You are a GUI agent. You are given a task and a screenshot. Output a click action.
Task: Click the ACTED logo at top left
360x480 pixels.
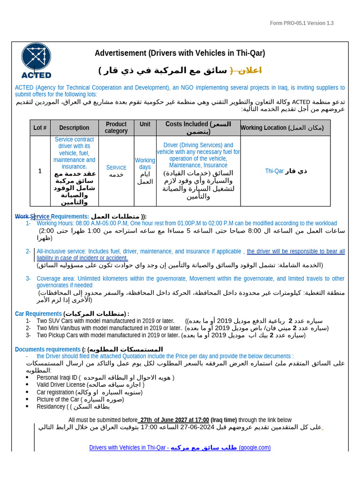pos(36,60)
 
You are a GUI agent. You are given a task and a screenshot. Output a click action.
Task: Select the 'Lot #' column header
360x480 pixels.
pos(40,127)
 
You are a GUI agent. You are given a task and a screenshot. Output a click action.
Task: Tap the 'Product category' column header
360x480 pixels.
pos(116,127)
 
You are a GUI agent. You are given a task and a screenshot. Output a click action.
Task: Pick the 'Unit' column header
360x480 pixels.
pos(145,124)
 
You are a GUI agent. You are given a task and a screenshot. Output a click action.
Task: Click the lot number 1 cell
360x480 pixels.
pos(40,171)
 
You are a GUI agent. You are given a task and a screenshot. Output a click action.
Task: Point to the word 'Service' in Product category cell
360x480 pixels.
pos(116,167)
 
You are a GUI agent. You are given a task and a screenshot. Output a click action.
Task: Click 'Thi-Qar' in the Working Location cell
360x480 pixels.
pos(274,171)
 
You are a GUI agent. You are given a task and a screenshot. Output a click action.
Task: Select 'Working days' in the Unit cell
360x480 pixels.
pos(145,164)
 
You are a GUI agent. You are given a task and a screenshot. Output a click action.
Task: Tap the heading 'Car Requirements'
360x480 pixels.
pos(38,314)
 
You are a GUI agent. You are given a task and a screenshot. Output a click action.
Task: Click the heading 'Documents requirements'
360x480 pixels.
pos(48,349)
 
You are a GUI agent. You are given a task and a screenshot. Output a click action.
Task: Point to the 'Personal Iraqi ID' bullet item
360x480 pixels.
pos(57,378)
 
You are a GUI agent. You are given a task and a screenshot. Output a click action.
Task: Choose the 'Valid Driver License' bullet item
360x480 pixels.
pos(61,385)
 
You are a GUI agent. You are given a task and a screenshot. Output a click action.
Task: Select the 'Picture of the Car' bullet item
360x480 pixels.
pos(58,399)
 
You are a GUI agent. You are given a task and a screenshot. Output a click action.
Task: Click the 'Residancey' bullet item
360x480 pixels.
pos(51,406)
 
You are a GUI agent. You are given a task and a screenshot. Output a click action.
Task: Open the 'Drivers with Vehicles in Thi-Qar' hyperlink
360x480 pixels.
pos(129,448)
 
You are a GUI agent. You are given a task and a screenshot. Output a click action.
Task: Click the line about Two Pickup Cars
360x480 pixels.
pos(108,335)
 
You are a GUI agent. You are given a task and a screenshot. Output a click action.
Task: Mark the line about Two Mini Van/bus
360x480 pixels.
pos(109,328)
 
